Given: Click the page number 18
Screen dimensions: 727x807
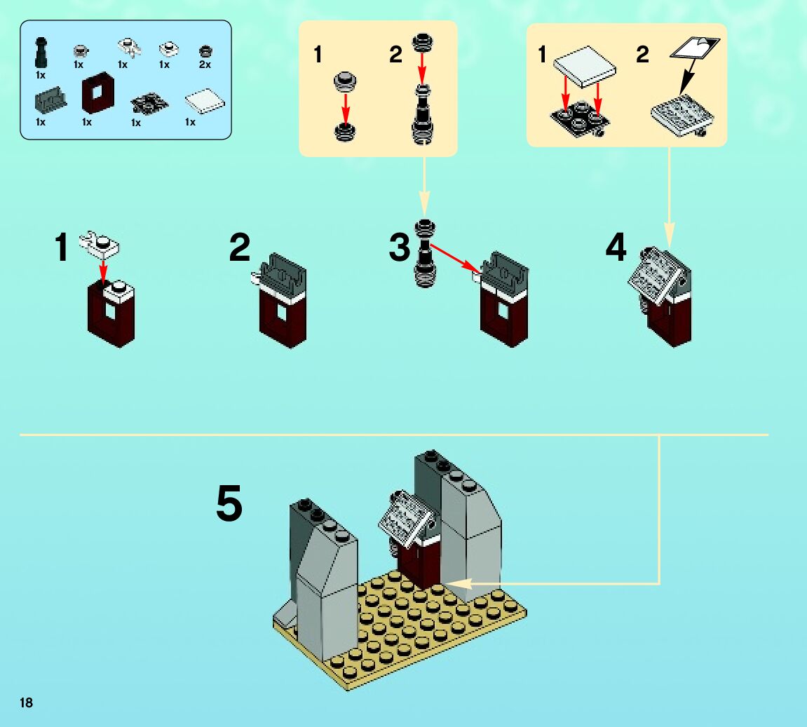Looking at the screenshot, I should click(x=27, y=702).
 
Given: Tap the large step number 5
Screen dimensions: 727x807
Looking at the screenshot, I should click(x=229, y=504).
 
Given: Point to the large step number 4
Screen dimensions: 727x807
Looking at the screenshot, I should click(x=616, y=247).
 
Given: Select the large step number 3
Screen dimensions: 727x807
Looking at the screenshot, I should click(x=400, y=247).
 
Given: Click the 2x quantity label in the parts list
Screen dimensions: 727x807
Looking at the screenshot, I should click(x=205, y=64).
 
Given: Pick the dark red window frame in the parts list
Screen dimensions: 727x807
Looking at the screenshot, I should click(x=96, y=95).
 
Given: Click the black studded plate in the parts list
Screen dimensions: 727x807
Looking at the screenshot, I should click(x=149, y=105).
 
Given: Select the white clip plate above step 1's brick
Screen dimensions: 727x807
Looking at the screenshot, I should click(x=102, y=243).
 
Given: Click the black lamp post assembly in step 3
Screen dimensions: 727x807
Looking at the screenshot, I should click(x=425, y=253).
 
